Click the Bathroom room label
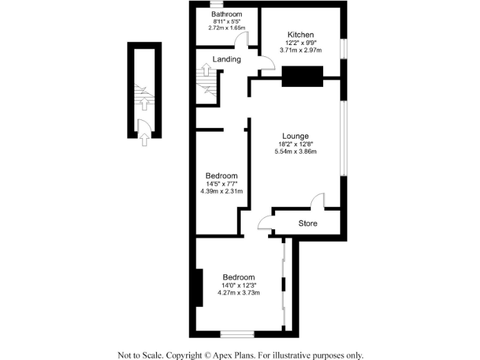tap(226, 14)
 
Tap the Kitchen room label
tap(301, 34)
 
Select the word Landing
tap(226, 59)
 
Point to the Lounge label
tap(295, 136)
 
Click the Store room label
tap(307, 223)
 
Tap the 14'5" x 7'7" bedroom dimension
tap(221, 184)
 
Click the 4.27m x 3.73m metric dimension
tap(238, 292)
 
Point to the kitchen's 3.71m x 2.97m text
tap(301, 50)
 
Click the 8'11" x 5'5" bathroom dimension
tap(226, 21)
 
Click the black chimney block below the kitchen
tap(302, 76)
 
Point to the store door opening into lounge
tap(317, 201)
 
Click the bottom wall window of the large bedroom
tap(237, 334)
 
